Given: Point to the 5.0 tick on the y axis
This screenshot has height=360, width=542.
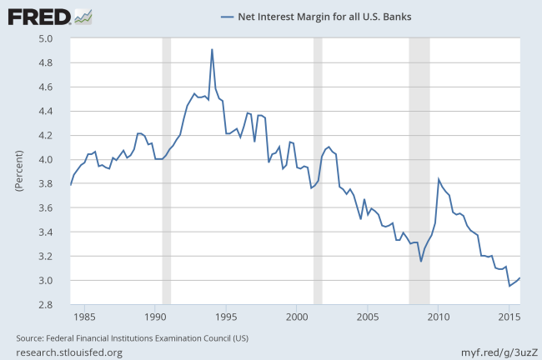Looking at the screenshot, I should [x=45, y=38].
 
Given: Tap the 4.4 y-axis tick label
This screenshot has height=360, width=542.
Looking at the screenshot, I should [x=45, y=111].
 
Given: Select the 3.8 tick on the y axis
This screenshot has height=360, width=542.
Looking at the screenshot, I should [x=45, y=183].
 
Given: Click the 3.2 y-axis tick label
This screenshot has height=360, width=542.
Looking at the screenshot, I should [x=45, y=257].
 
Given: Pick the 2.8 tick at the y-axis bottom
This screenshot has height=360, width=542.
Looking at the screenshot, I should [x=45, y=305].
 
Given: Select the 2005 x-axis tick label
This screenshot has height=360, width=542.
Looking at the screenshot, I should [x=368, y=317].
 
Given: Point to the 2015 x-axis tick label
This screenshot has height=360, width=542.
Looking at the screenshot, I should [x=509, y=317].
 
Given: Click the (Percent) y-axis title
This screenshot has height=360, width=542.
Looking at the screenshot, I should [x=18, y=171].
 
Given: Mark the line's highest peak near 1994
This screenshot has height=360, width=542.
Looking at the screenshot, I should [x=212, y=49].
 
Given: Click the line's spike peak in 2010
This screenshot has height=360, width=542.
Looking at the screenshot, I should [x=439, y=179].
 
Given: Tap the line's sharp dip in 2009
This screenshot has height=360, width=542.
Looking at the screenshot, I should [x=421, y=261].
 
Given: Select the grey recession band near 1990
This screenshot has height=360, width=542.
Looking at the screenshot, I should [x=166, y=171].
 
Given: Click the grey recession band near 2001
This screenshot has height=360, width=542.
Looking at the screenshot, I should [x=317, y=171].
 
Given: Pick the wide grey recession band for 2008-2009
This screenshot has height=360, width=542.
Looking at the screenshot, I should [x=419, y=171].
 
